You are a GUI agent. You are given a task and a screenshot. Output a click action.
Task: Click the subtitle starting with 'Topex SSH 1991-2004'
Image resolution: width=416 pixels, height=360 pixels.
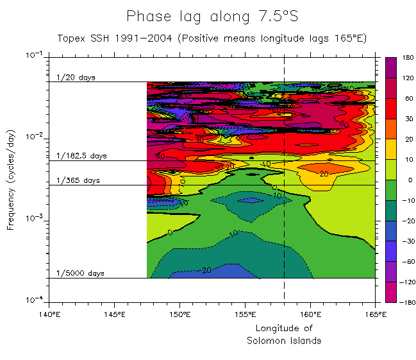pos(212,38)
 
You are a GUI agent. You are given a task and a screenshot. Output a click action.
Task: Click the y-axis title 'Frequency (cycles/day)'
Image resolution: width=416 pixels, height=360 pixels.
pos(12,178)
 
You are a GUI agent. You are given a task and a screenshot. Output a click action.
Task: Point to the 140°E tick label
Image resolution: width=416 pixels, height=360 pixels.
pos(49,314)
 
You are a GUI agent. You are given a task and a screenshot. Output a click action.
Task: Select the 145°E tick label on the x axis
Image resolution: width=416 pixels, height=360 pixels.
pos(114,314)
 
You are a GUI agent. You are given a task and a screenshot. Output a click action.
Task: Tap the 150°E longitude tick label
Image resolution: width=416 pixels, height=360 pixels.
pos(179,314)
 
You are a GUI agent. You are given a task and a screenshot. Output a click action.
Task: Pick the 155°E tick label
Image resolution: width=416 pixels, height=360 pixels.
pos(245,314)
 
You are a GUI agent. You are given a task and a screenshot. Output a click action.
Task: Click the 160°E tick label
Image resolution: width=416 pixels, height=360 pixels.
pos(310,314)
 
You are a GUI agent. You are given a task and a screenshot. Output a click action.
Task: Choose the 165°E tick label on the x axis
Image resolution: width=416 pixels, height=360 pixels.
pos(375,314)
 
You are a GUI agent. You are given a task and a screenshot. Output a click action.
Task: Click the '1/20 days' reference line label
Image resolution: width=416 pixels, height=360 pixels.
pos(76,78)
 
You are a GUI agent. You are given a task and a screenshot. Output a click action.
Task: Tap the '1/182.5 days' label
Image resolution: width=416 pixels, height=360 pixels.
pos(81,156)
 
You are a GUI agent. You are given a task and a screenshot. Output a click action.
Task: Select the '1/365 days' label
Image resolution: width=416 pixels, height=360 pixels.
pos(78,181)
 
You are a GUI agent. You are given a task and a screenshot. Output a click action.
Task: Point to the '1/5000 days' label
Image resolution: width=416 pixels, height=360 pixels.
pos(80,273)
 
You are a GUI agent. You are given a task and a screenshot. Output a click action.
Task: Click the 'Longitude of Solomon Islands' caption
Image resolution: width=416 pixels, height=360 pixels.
pos(284,334)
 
